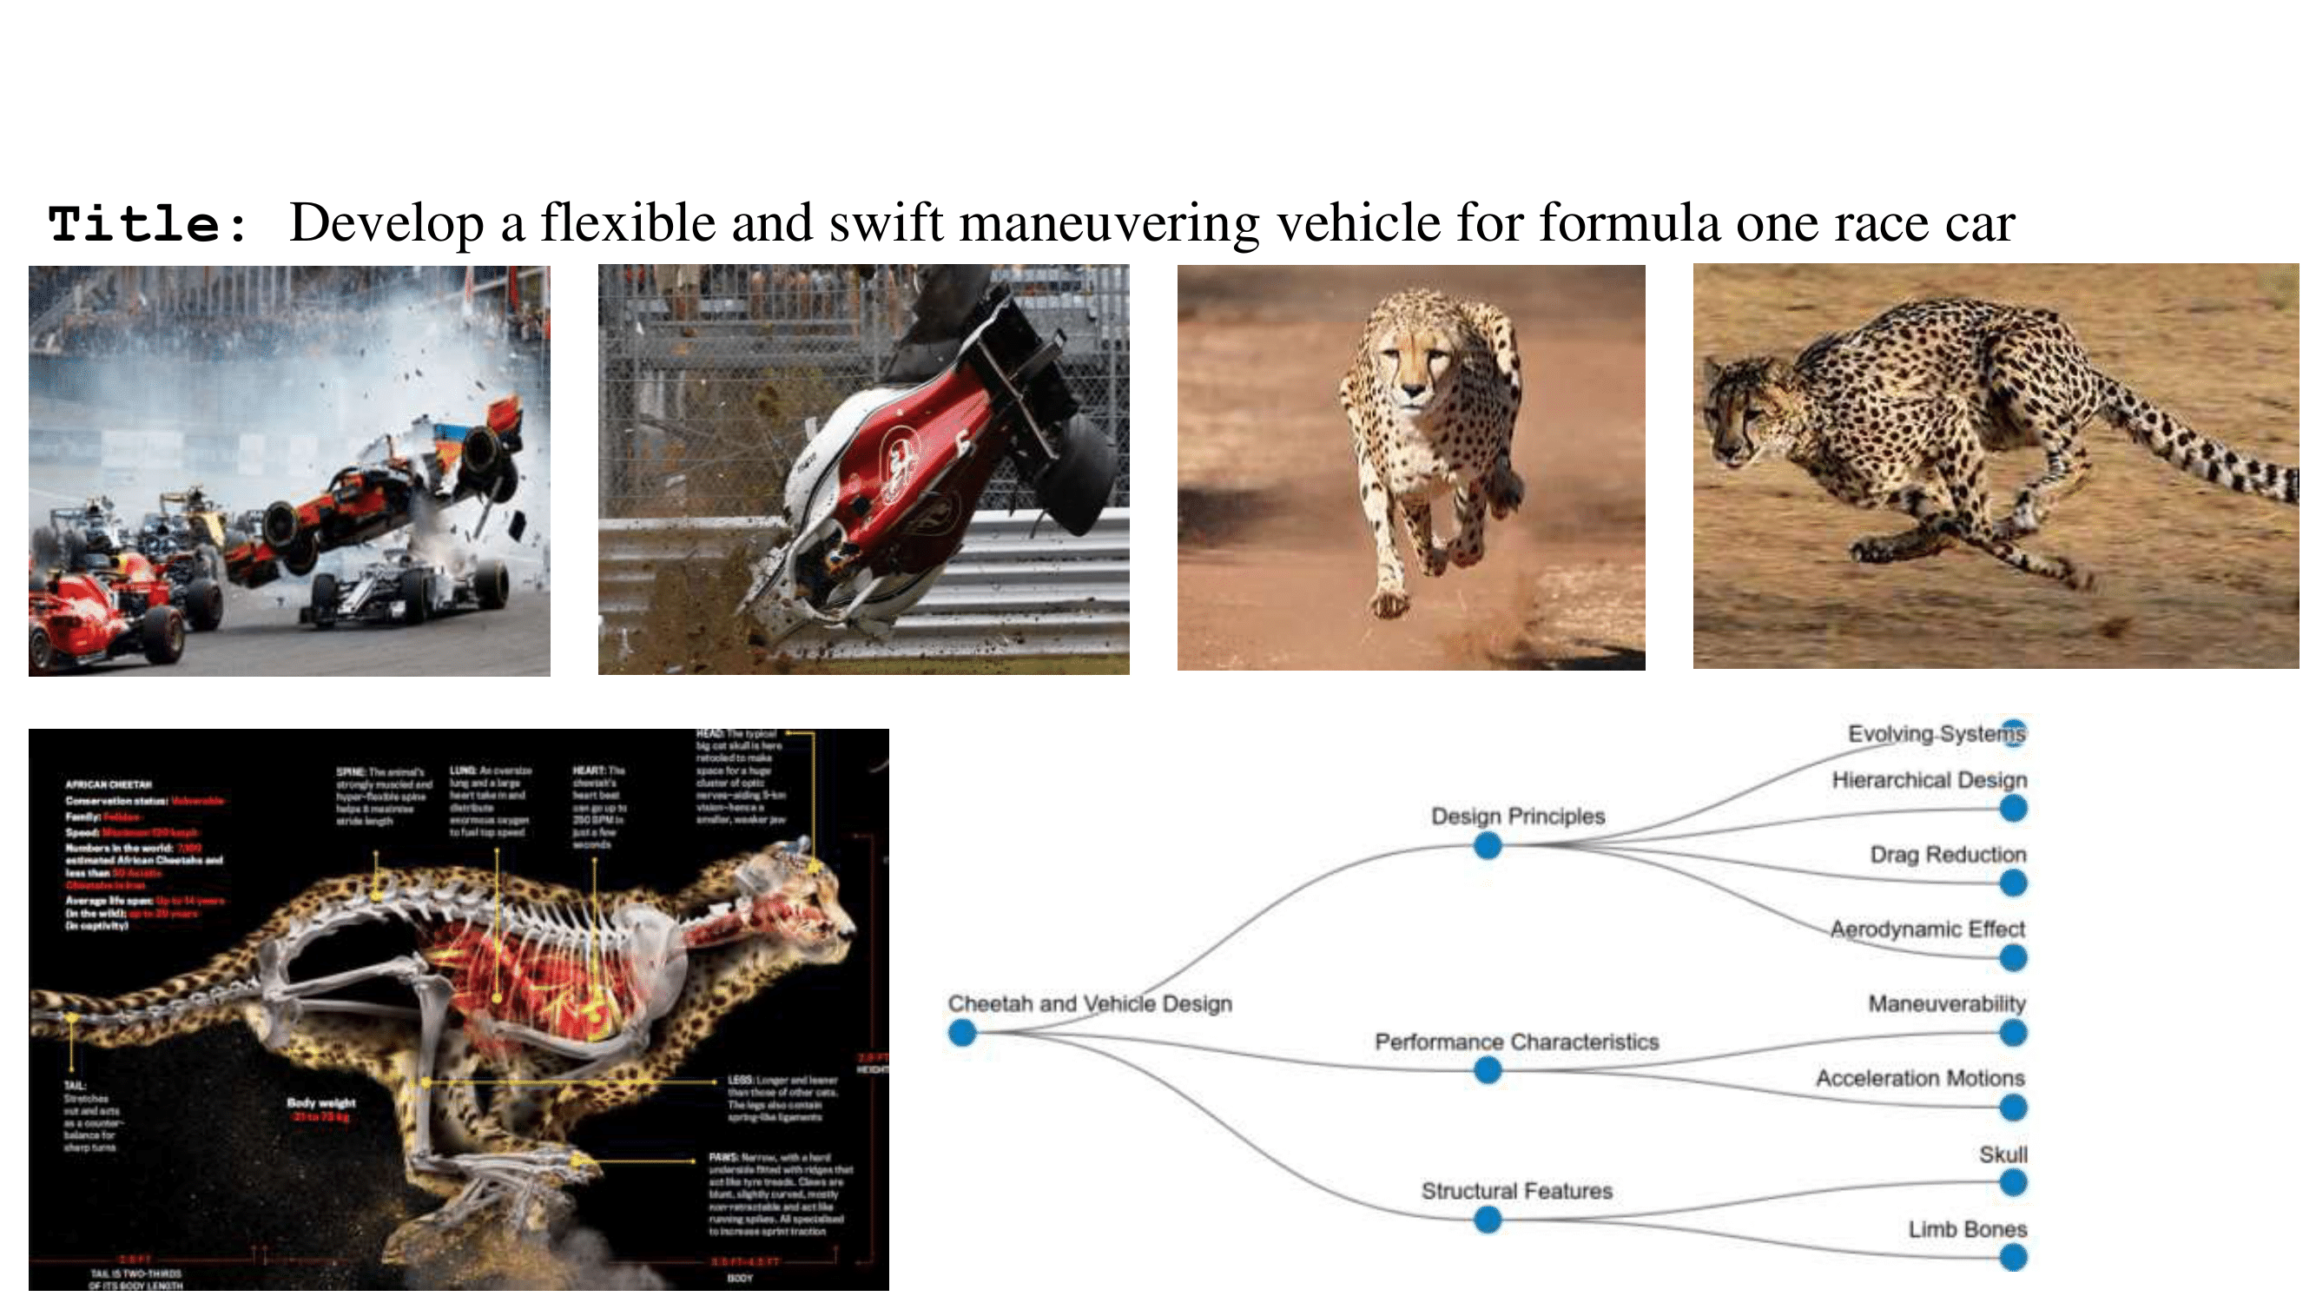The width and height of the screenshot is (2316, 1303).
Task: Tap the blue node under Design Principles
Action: click(1487, 845)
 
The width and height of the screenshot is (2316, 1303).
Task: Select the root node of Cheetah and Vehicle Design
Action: click(962, 1032)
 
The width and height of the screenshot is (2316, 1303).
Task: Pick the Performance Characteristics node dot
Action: click(1487, 1070)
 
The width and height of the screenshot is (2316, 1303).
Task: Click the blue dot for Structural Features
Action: click(1487, 1220)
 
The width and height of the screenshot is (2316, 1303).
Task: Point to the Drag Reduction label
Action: click(1948, 854)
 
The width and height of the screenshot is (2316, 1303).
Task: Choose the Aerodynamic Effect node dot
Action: click(2013, 957)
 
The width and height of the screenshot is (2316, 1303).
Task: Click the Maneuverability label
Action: click(1946, 1003)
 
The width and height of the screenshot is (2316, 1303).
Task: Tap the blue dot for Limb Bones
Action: click(2013, 1257)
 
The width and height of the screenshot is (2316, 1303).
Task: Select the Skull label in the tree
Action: click(2003, 1154)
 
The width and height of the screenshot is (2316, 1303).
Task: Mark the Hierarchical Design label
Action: click(1929, 780)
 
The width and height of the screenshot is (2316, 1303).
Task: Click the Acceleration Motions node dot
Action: click(2013, 1108)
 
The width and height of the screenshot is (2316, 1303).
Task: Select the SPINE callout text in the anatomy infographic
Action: click(383, 797)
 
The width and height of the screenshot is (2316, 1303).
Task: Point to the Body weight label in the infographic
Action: click(321, 1103)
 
